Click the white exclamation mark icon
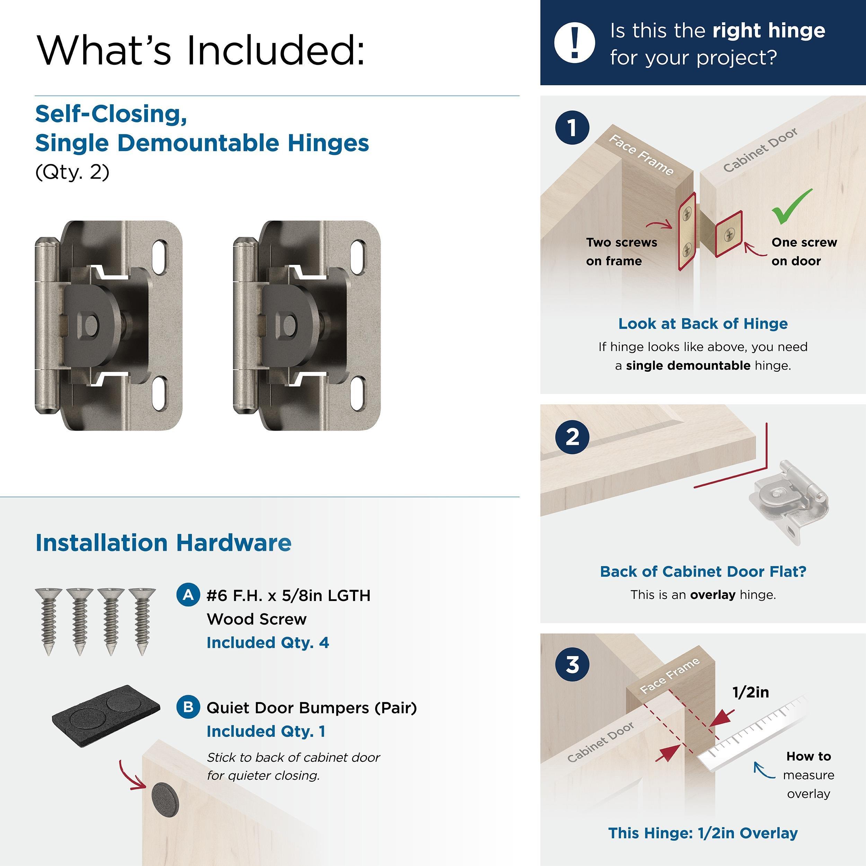coord(574,43)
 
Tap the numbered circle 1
coord(572,128)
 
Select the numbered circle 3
coord(572,664)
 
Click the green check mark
coord(791,206)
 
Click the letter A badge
coord(188,595)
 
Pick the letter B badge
coord(188,707)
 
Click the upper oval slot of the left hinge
coord(160,257)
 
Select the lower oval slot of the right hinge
coord(358,394)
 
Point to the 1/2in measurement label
coord(750,692)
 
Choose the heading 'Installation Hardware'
coord(163,542)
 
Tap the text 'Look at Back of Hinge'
coord(702,324)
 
